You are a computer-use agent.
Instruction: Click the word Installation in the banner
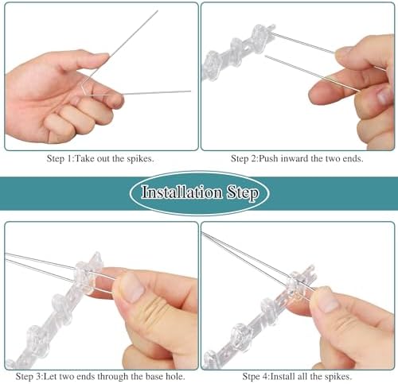(181, 192)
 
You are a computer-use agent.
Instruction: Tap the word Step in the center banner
(242, 193)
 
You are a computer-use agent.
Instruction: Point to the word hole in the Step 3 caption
(175, 376)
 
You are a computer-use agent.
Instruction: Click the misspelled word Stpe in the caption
(251, 376)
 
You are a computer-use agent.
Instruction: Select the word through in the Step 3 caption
(113, 377)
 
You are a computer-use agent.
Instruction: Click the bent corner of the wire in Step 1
(83, 83)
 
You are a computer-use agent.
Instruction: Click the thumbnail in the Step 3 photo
(131, 288)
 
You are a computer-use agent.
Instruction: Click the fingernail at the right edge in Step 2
(384, 96)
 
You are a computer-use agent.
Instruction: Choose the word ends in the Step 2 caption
(352, 158)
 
